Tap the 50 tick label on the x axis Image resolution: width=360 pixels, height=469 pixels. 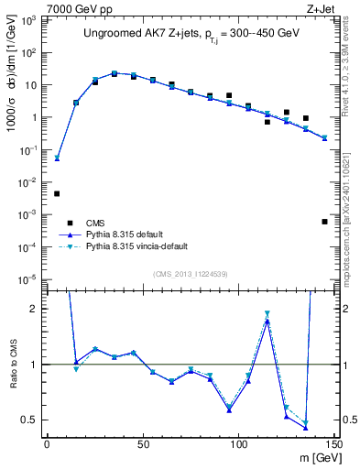(x=143, y=444)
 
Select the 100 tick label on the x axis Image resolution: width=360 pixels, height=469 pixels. (x=238, y=444)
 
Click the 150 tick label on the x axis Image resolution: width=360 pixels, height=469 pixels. (x=333, y=444)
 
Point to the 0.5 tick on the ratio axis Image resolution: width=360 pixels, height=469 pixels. (x=30, y=420)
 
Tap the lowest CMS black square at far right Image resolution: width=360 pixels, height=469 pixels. (x=324, y=222)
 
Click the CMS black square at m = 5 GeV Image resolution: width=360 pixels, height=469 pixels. (x=57, y=193)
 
